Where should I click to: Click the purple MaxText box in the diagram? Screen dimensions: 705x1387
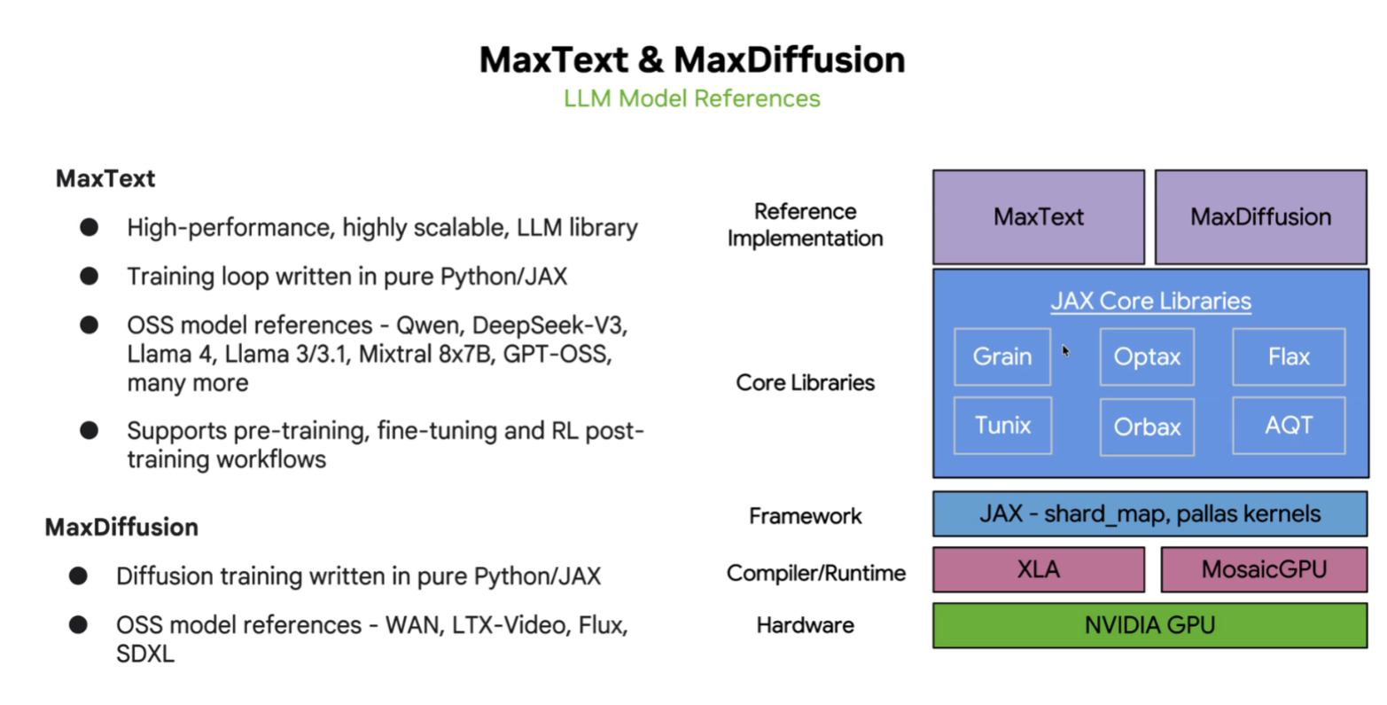click(1038, 217)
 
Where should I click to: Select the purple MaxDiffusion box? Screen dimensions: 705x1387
click(1259, 217)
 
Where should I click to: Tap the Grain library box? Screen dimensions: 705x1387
click(1001, 356)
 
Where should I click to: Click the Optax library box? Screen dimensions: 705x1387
click(1146, 356)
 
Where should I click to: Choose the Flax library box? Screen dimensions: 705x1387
click(1288, 356)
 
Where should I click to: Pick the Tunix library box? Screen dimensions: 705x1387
click(1001, 426)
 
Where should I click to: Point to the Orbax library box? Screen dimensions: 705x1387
click(1146, 427)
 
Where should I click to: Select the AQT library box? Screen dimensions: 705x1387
click(1288, 426)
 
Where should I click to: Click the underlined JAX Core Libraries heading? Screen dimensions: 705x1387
click(1150, 302)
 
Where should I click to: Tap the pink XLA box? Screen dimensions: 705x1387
click(1038, 569)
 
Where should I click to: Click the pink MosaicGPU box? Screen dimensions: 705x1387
click(1263, 569)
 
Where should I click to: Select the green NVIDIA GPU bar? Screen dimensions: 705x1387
click(1149, 625)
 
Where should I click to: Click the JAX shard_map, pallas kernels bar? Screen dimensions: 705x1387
click(1149, 514)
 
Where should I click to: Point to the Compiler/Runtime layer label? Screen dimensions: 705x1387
click(815, 574)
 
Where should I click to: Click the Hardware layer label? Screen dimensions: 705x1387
click(805, 625)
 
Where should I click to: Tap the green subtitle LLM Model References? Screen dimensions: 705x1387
click(691, 98)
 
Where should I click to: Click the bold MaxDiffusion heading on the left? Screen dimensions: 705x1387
click(121, 527)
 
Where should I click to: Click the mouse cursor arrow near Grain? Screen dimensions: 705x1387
click(1065, 350)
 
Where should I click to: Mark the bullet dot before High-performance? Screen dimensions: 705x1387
click(89, 227)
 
